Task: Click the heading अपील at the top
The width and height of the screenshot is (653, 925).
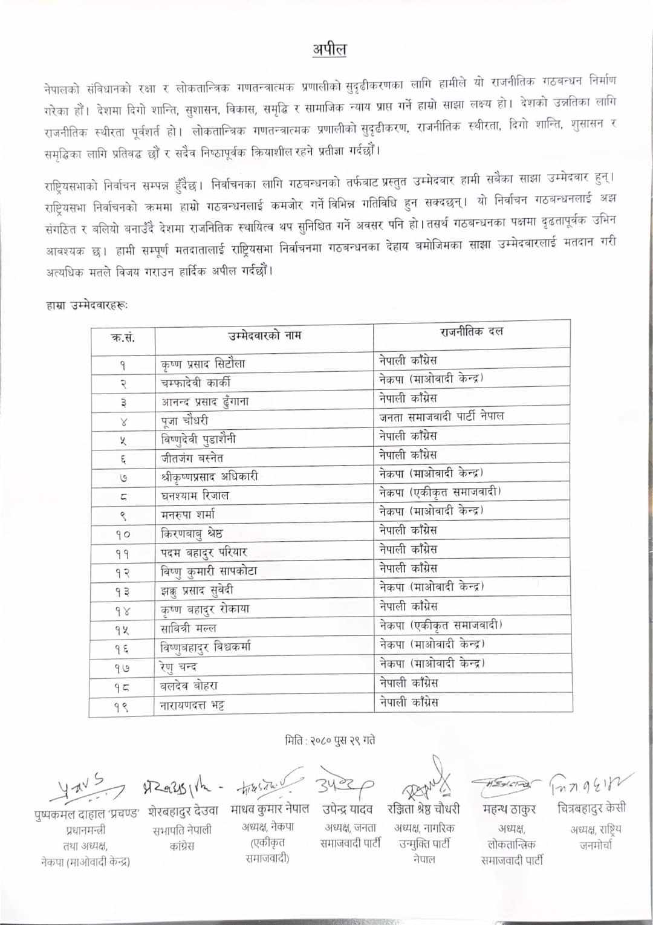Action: [329, 50]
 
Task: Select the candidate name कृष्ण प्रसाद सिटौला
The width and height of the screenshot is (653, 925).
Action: [203, 364]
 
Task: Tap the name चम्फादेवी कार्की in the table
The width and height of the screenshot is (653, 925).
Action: [195, 383]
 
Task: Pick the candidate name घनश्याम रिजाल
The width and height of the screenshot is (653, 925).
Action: [195, 496]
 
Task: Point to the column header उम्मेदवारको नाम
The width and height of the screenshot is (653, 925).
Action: [264, 335]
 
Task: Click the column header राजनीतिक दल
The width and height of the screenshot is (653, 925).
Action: [472, 332]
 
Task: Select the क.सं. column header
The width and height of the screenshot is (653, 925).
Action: [123, 337]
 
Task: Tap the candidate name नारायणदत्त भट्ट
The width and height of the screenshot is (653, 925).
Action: [192, 705]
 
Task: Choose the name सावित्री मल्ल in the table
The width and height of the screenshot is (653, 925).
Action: [188, 628]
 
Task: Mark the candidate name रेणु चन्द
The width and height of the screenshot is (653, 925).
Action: [178, 667]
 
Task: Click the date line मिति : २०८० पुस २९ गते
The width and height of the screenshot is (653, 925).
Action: [330, 739]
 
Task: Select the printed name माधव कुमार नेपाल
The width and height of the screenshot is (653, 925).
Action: [270, 808]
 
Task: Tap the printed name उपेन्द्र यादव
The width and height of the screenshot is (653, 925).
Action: [347, 808]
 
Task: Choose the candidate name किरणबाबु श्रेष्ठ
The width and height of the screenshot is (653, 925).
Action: [192, 534]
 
